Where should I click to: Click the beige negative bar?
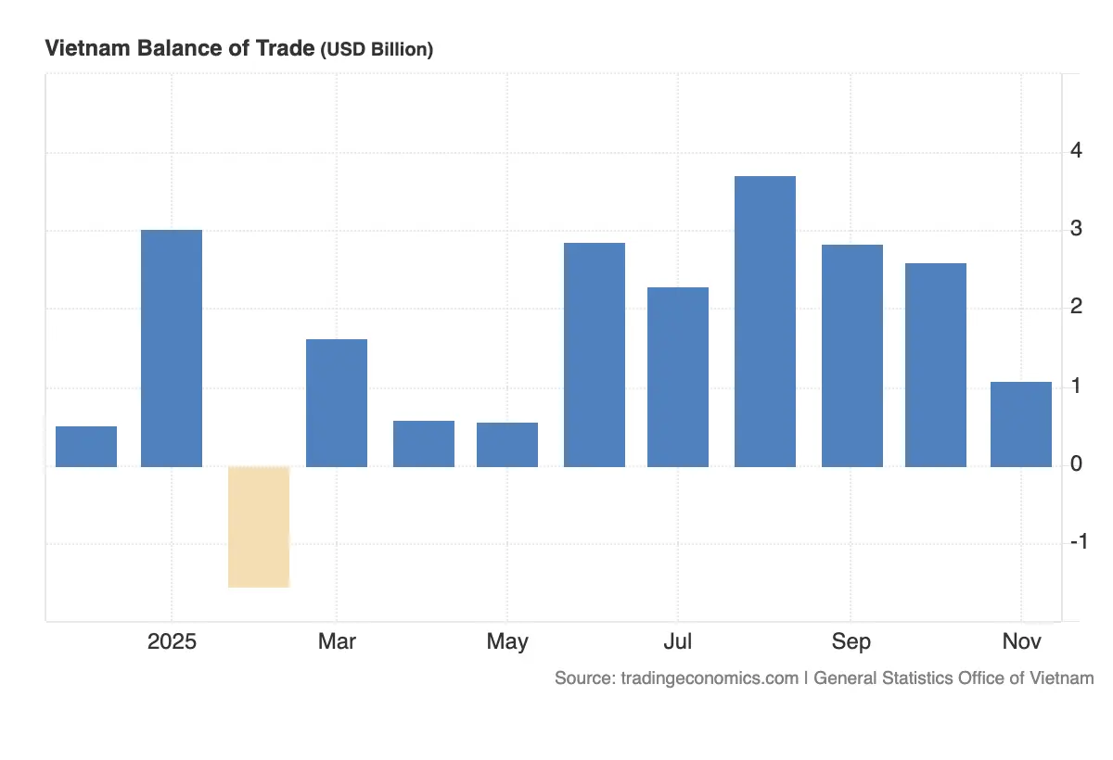(x=259, y=526)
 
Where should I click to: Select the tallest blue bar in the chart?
(x=765, y=321)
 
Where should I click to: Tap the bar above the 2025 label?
(x=172, y=348)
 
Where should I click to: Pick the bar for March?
(x=337, y=402)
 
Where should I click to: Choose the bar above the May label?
(x=507, y=444)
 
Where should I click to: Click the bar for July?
(x=678, y=376)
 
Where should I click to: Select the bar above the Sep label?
(x=852, y=355)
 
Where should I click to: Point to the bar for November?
(x=1021, y=424)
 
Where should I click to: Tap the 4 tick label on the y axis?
(x=1077, y=150)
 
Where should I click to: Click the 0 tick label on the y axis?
(x=1077, y=463)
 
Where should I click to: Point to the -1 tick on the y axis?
(x=1078, y=542)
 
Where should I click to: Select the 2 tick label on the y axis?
(x=1077, y=307)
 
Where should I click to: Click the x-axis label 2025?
(x=172, y=641)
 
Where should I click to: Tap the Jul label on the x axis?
(x=678, y=641)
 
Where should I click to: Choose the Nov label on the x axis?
(x=1021, y=641)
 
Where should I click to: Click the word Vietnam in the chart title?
(x=86, y=49)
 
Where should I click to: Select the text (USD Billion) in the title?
(x=377, y=50)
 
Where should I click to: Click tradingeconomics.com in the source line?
(x=706, y=678)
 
